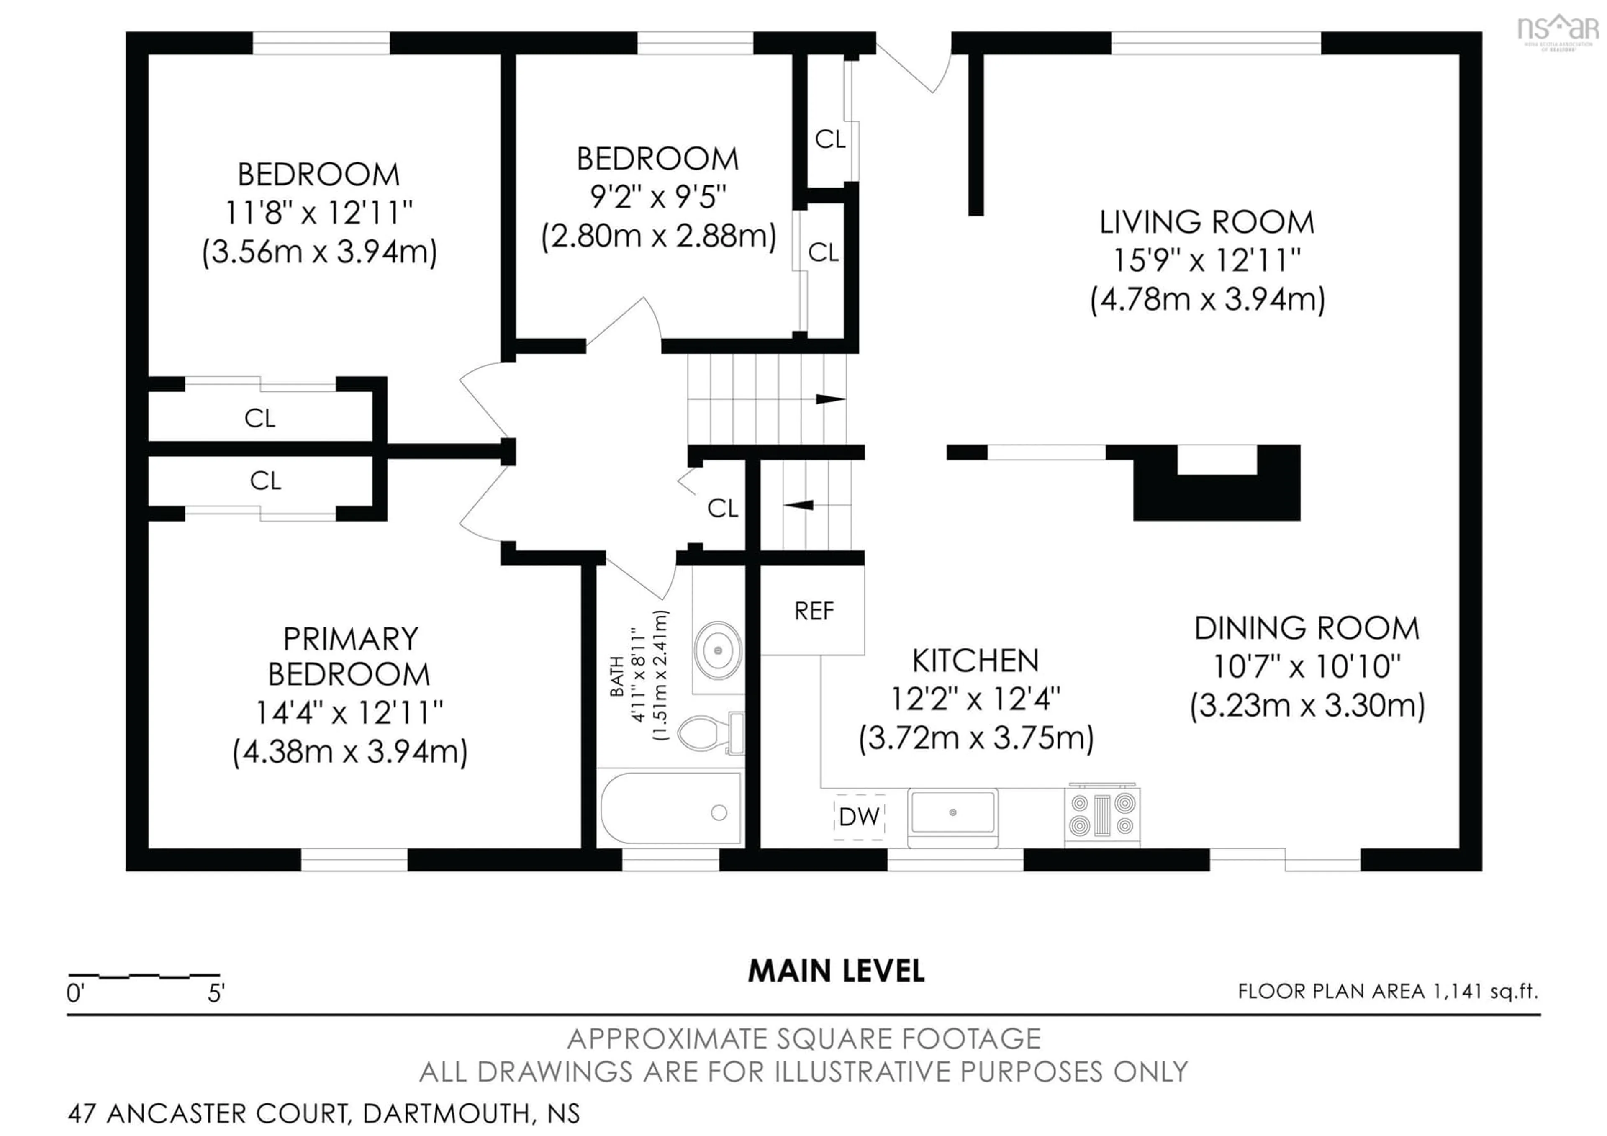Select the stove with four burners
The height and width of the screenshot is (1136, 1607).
coord(1101,815)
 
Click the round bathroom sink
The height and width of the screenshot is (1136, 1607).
coord(717,650)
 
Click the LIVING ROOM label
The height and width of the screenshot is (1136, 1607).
coord(1207,223)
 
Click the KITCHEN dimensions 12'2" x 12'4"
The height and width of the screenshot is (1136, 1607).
coord(975,699)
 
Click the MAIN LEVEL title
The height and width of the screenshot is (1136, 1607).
coord(836,971)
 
